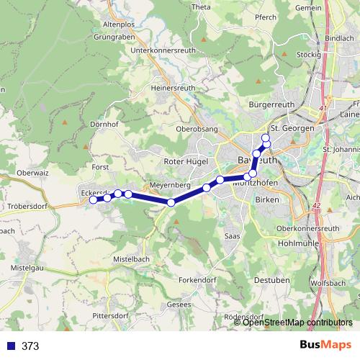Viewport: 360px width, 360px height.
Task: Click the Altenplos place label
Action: point(120,24)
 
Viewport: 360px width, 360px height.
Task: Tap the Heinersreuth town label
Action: point(173,87)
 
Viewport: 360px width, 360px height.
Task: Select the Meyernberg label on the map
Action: point(170,185)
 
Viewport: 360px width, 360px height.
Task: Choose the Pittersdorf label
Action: point(110,316)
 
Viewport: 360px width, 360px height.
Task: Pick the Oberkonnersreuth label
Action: point(307,228)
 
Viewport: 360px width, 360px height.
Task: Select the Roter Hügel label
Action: point(186,161)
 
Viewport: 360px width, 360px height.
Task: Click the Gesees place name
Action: point(179,305)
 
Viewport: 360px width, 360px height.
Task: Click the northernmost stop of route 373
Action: point(265,138)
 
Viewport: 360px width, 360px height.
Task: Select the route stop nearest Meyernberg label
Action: point(171,202)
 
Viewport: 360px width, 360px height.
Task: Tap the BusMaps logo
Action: point(325,346)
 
